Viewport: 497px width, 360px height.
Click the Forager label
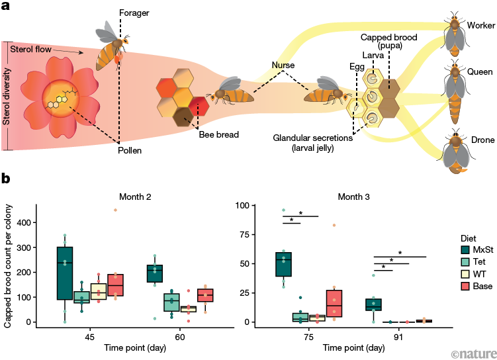pos(135,13)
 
